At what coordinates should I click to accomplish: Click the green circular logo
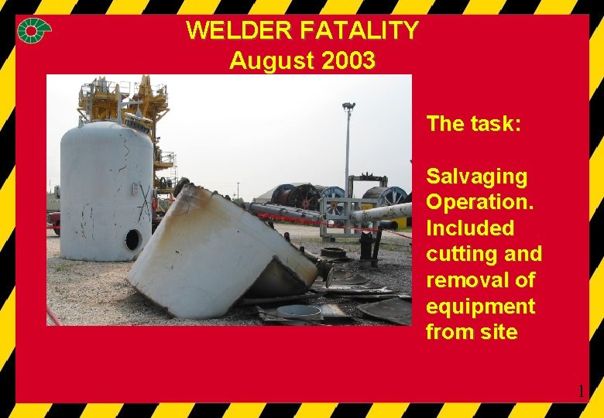click(x=35, y=31)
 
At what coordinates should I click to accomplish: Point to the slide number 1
click(x=582, y=392)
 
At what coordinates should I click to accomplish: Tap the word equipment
click(x=480, y=307)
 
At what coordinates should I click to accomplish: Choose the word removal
click(x=466, y=280)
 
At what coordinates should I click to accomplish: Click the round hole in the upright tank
click(x=132, y=239)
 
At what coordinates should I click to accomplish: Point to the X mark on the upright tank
click(x=144, y=202)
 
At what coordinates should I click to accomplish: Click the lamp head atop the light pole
click(x=348, y=107)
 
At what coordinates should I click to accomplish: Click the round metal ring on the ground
click(x=299, y=312)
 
